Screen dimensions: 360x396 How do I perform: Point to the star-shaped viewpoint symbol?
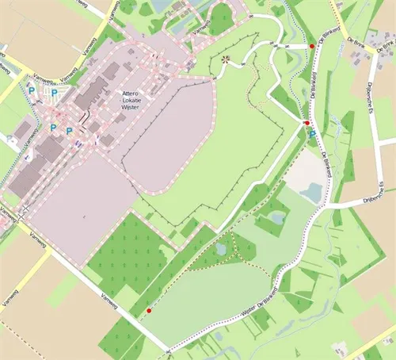[224, 59]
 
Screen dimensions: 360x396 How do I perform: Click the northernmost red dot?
[312, 47]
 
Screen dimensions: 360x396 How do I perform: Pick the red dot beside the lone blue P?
[307, 124]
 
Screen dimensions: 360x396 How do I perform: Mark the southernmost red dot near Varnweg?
[148, 311]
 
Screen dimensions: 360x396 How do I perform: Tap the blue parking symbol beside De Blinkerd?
[312, 133]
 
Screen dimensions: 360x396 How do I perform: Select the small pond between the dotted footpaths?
[221, 249]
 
